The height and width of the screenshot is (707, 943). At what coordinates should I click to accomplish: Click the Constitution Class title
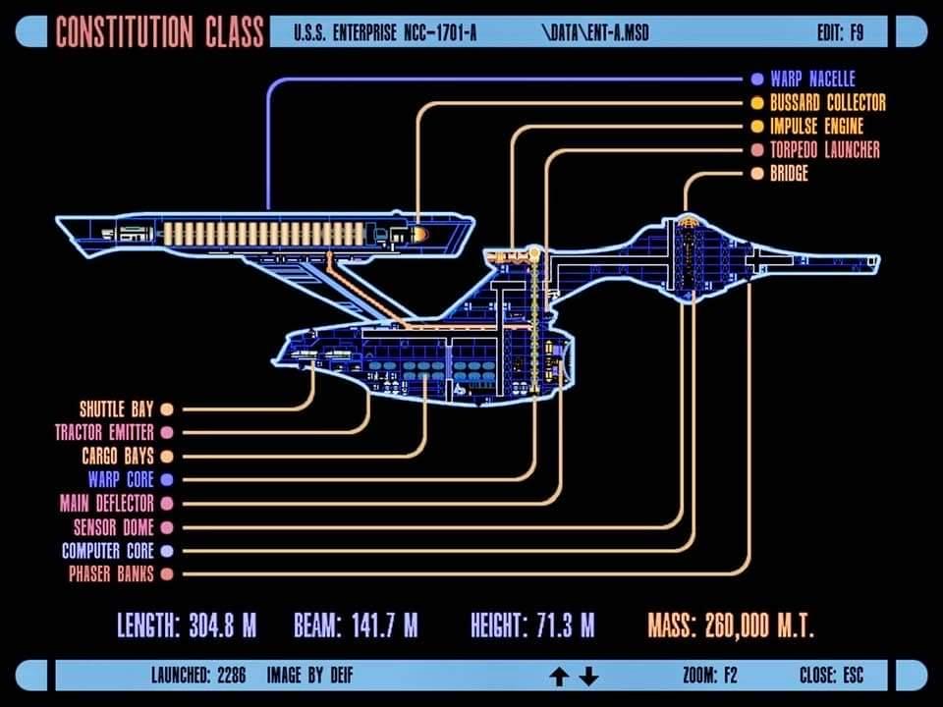tap(159, 31)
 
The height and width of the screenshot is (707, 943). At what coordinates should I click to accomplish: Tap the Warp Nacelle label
tap(812, 79)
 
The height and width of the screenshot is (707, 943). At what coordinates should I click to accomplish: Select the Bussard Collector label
tap(827, 103)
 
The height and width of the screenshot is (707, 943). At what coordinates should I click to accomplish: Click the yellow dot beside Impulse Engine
tap(757, 127)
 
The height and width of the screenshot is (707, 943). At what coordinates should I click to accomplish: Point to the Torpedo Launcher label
tap(824, 149)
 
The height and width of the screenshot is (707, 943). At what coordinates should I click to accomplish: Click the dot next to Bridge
tap(757, 174)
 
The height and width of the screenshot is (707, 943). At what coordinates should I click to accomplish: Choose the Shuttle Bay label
tap(117, 409)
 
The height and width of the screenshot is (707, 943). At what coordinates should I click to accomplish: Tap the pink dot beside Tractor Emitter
tap(167, 433)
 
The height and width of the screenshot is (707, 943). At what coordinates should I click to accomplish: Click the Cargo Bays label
tap(118, 457)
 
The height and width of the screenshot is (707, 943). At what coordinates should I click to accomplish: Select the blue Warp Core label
tap(121, 480)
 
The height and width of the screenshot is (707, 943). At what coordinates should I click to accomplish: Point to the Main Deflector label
tap(106, 503)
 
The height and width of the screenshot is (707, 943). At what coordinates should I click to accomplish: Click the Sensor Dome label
tap(114, 527)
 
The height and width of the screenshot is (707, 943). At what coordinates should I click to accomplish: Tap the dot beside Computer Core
tap(167, 551)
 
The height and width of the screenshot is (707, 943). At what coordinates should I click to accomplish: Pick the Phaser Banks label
tap(111, 574)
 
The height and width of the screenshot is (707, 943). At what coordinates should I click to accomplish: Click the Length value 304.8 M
tap(223, 625)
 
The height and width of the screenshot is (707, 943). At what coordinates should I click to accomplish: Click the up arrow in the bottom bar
tap(559, 677)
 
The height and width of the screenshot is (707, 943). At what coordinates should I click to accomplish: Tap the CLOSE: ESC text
tap(831, 676)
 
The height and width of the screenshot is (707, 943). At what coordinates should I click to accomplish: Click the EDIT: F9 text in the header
tap(840, 32)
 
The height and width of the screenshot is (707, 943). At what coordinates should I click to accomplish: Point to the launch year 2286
tap(232, 676)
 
